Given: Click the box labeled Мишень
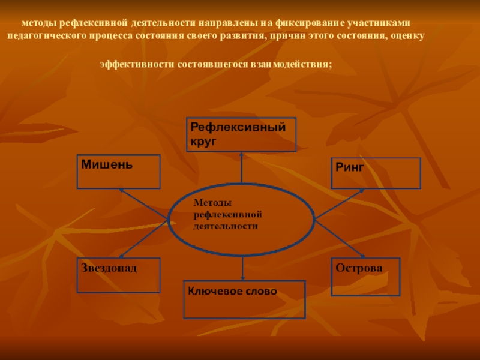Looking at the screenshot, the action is pos(119,172).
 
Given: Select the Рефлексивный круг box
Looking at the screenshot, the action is pos(241,134).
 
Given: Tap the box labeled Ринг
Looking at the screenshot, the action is pos(376,173).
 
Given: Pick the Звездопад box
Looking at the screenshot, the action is pos(119,275).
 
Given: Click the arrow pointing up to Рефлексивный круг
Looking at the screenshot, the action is pos(241,168).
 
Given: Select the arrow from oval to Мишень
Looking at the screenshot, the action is pos(144,203).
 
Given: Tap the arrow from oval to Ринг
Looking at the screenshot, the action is pos(340,203).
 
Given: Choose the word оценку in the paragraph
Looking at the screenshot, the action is pos(410,36).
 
